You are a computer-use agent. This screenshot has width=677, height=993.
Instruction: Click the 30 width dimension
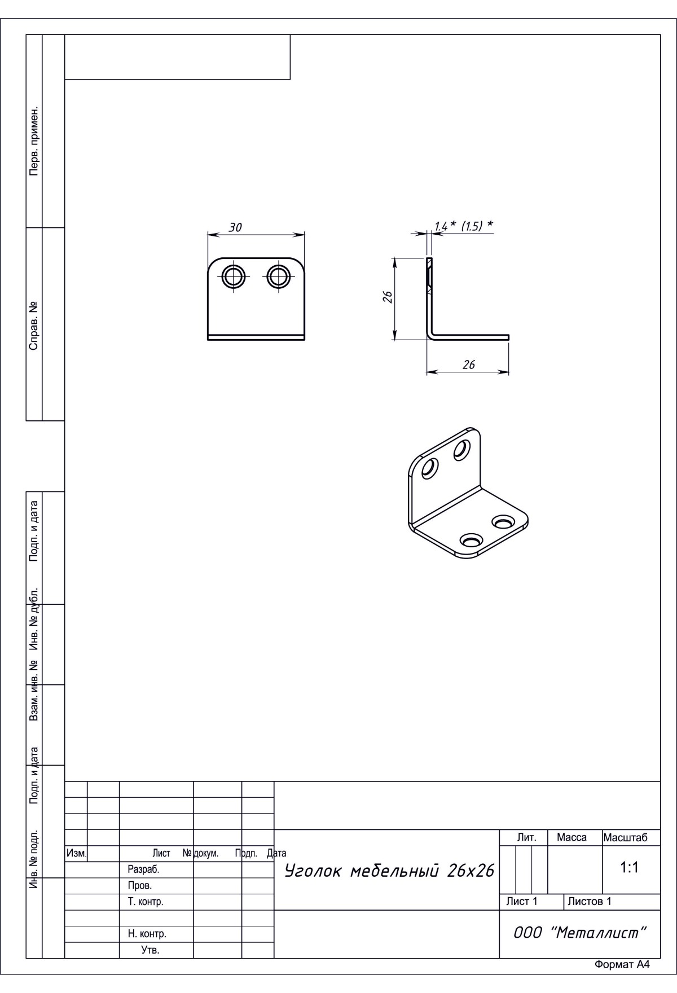coord(235,227)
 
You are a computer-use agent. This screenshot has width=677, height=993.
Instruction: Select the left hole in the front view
coord(234,276)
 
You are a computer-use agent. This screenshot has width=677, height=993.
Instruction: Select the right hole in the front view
coord(278,276)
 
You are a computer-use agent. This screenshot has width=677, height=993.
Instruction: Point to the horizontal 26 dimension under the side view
coord(468,364)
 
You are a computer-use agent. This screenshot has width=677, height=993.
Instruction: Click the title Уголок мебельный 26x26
coord(389,871)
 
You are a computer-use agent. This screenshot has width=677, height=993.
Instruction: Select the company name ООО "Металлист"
coord(579,933)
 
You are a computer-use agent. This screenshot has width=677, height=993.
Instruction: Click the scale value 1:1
coord(629,868)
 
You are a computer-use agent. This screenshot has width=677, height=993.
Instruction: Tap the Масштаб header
coord(625,837)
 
